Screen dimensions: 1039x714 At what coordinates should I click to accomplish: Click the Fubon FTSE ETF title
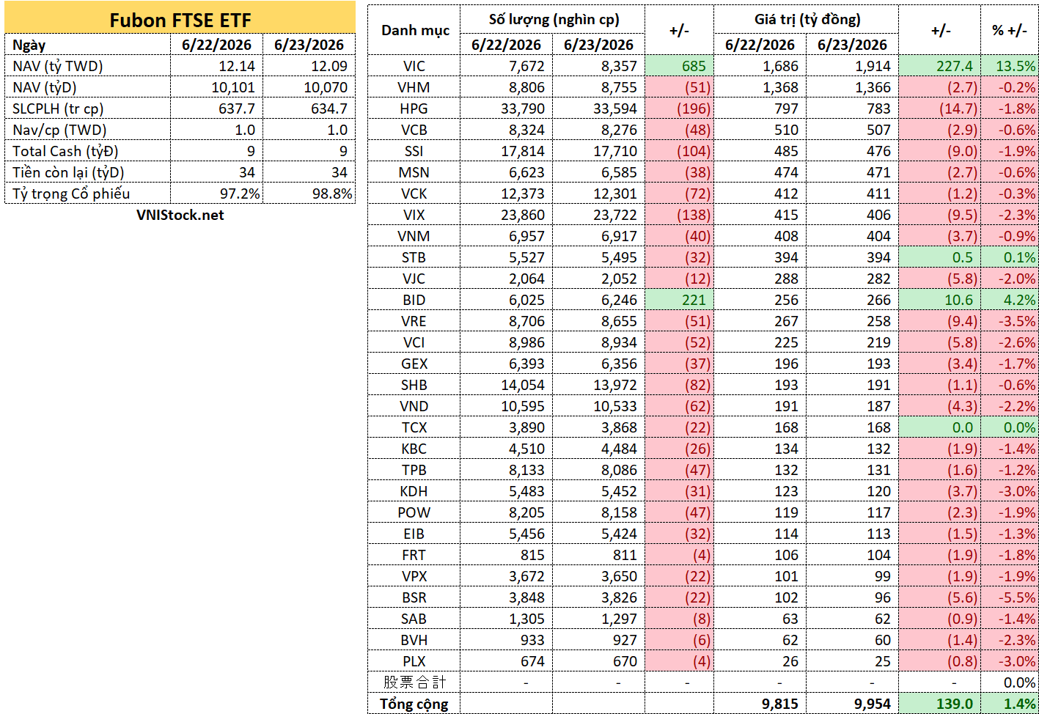180,21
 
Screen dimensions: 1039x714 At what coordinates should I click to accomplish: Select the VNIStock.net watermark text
180,215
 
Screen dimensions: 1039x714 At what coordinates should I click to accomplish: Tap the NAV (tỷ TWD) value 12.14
237,66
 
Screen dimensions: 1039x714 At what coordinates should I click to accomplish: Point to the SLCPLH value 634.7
329,108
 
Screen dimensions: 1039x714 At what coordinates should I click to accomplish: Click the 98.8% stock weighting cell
332,194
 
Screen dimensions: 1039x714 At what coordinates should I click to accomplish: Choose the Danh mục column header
415,31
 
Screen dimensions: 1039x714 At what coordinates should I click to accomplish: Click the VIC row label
414,66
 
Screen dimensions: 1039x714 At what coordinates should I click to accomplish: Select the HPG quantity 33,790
522,109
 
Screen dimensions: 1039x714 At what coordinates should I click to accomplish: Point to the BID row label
414,300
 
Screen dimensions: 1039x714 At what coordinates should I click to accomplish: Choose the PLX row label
414,661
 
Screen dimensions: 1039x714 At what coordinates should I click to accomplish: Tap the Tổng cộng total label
414,704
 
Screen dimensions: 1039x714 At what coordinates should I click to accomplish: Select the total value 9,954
873,704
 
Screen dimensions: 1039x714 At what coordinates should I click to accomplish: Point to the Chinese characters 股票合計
414,682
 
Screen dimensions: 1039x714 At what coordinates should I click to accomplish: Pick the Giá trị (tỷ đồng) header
807,20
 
